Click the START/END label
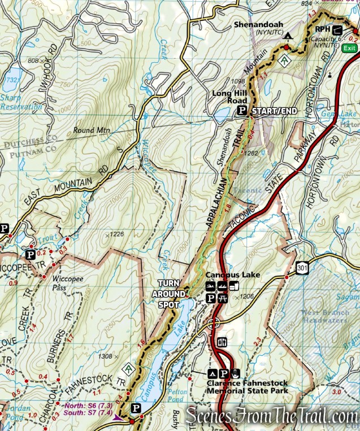[x=274, y=111]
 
